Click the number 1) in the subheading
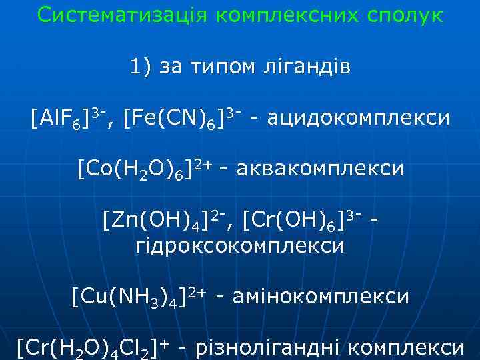tap(142, 67)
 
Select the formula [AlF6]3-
tap(71, 119)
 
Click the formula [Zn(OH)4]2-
tap(169, 219)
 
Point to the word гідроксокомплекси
tap(240, 245)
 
